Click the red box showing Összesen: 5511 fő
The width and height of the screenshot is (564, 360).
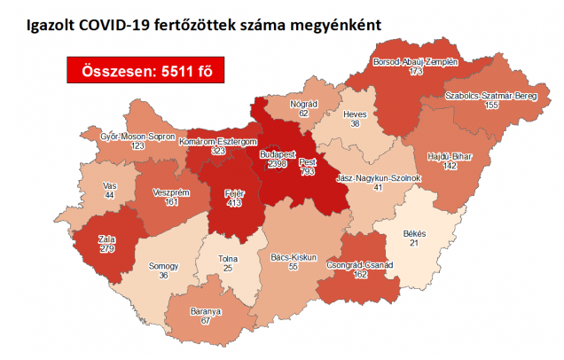140,70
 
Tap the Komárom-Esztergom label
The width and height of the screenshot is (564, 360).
217,142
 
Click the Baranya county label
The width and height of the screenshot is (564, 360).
206,312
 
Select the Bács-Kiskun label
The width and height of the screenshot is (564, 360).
288,257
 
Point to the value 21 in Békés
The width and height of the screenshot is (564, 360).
415,244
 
